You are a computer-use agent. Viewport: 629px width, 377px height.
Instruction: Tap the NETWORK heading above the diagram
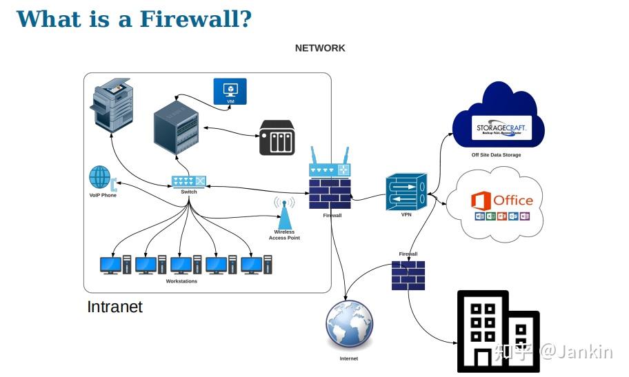coord(320,48)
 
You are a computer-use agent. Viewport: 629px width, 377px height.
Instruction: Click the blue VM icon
coord(230,92)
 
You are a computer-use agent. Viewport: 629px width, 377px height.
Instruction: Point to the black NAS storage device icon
coord(277,138)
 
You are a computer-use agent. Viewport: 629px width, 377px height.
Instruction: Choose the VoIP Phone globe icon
coord(101,178)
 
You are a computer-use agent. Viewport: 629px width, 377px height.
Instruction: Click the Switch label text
coord(188,192)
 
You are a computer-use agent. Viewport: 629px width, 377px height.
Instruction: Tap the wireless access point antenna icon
coord(284,214)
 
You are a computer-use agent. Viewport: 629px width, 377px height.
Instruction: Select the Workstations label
coord(181,281)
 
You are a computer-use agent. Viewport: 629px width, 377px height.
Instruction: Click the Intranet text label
coord(114,307)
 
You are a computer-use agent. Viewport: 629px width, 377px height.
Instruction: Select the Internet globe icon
coord(350,326)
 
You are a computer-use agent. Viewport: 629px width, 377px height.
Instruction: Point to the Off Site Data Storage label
coord(496,155)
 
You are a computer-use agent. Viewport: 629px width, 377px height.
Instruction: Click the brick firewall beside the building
coord(408,274)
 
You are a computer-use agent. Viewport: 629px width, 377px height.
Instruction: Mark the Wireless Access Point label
coord(284,235)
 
